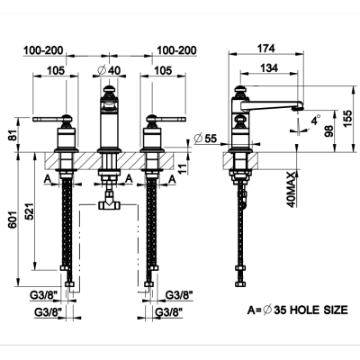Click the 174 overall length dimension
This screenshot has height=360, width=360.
(266, 49)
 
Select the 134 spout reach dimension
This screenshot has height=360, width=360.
(269, 68)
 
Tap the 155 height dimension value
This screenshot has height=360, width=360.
(347, 119)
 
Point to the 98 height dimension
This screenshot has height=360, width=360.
(328, 131)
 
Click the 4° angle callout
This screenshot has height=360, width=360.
(316, 121)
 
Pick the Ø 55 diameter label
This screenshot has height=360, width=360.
(205, 139)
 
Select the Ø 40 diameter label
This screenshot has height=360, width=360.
(109, 70)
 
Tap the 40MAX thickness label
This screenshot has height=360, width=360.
(291, 190)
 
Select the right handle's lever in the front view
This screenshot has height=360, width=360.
(169, 119)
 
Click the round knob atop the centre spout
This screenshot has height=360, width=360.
(109, 89)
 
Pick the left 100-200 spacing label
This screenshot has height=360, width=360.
(43, 50)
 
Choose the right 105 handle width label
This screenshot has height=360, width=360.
(164, 70)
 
